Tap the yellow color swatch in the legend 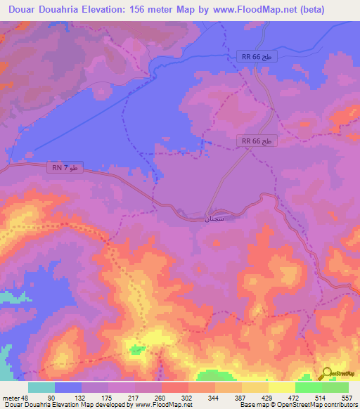point(281,388)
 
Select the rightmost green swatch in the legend point(335,388)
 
